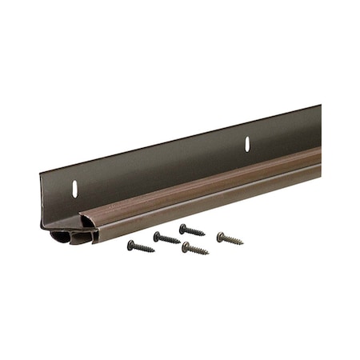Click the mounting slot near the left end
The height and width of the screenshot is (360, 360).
pyautogui.click(x=74, y=190)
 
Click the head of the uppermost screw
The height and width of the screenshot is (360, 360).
pyautogui.click(x=183, y=227)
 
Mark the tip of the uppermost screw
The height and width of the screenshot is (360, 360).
pyautogui.click(x=205, y=235)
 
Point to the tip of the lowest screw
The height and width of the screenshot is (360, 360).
pyautogui.click(x=208, y=253)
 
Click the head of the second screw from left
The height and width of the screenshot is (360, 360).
pyautogui.click(x=157, y=234)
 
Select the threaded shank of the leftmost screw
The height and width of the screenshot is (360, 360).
pyautogui.click(x=142, y=247)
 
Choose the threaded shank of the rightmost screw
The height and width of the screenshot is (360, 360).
pyautogui.click(x=232, y=239)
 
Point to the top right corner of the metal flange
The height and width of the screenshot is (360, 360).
pyautogui.click(x=320, y=106)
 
